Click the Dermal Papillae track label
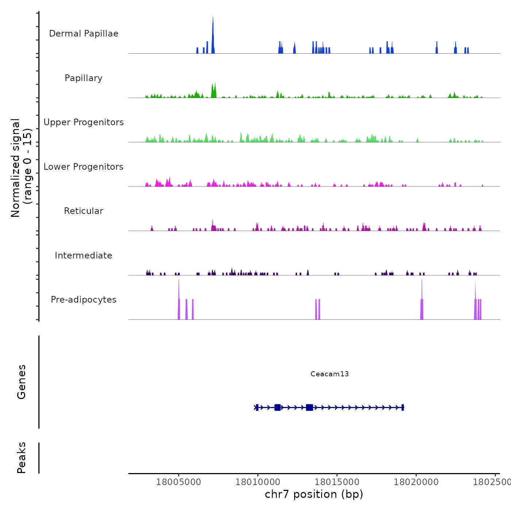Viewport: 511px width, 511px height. (x=84, y=34)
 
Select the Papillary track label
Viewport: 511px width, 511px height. (x=84, y=78)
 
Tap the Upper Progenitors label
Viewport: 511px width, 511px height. (x=84, y=122)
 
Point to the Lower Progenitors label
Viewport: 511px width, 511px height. (x=84, y=167)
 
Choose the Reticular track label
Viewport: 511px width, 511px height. (x=84, y=211)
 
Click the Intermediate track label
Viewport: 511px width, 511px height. (x=84, y=255)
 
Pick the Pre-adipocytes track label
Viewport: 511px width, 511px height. (x=84, y=300)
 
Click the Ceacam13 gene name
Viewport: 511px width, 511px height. (x=330, y=374)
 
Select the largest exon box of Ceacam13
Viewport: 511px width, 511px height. (x=310, y=407)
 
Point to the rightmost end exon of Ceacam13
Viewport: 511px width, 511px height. (x=403, y=407)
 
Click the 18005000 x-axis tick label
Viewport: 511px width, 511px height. (x=178, y=482)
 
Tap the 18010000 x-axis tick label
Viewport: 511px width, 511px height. (x=258, y=482)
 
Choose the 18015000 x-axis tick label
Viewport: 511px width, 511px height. (x=337, y=482)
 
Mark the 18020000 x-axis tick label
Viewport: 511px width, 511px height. (x=416, y=482)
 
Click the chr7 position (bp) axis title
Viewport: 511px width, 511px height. (x=314, y=494)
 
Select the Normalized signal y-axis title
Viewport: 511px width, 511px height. (x=22, y=168)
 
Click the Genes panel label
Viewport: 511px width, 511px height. (x=22, y=382)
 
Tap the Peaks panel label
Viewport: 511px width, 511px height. (x=22, y=458)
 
